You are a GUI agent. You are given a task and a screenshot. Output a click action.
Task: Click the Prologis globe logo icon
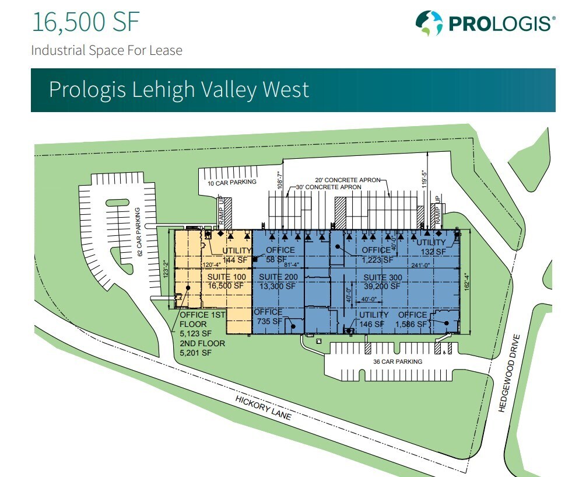coord(428,23)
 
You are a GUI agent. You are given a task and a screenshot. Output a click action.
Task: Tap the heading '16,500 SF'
coord(86,22)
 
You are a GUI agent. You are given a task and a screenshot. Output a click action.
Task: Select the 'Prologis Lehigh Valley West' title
coord(178,89)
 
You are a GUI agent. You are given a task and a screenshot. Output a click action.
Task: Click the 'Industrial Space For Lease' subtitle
coord(107,50)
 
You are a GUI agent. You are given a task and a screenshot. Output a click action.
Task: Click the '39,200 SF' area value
coord(383,286)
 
